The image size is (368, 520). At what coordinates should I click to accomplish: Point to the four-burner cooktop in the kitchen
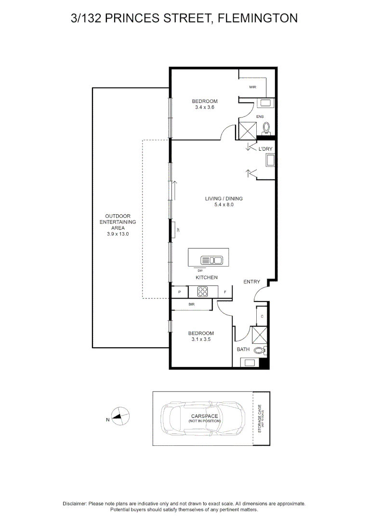[203, 291]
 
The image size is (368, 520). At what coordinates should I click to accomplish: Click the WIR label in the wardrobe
[252, 87]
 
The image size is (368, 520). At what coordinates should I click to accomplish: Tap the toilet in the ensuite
[266, 128]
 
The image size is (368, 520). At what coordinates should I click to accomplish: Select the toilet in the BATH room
[260, 351]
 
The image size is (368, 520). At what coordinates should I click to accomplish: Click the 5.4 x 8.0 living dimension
[224, 205]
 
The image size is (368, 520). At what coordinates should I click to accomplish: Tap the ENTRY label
[251, 282]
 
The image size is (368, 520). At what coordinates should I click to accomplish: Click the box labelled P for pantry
[179, 292]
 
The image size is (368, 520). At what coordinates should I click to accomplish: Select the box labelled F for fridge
[225, 292]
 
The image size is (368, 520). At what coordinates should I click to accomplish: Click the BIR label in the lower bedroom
[191, 304]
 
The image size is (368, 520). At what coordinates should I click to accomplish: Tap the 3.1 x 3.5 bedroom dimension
[201, 339]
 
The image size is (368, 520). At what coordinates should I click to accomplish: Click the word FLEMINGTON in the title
[258, 18]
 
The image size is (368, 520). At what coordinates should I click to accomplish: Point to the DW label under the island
[199, 271]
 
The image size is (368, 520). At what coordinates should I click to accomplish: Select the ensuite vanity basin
[265, 103]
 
